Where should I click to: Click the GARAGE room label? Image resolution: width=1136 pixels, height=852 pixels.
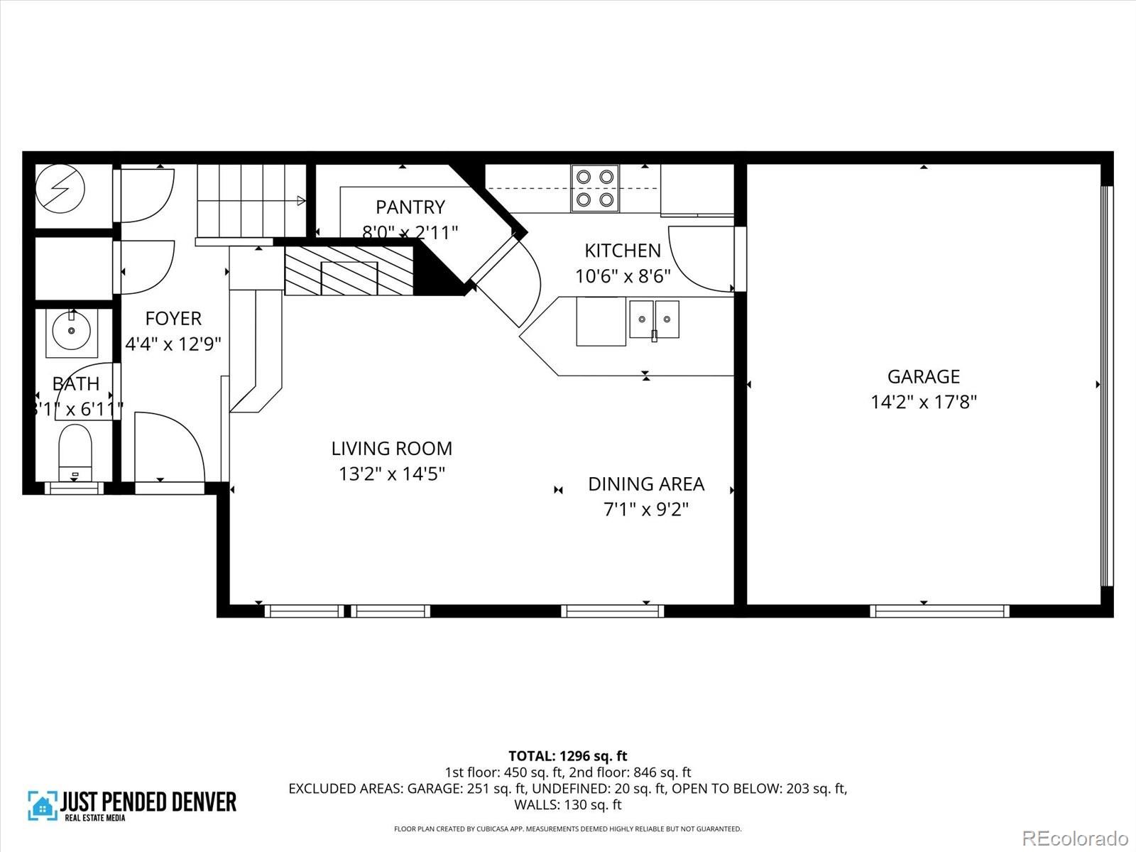pyautogui.click(x=923, y=376)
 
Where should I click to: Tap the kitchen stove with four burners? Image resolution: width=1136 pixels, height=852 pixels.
pyautogui.click(x=595, y=188)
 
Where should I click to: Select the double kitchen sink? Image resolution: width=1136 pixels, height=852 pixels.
pyautogui.click(x=654, y=319)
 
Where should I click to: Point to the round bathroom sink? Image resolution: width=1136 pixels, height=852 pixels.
pyautogui.click(x=71, y=331)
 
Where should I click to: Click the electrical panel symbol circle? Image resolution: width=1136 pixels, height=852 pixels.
pyautogui.click(x=60, y=189)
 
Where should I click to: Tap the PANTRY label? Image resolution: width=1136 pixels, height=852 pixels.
pyautogui.click(x=410, y=207)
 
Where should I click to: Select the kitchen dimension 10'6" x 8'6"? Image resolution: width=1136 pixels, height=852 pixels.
pyautogui.click(x=623, y=276)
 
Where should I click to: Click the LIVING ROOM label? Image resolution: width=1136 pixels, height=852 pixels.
pyautogui.click(x=391, y=448)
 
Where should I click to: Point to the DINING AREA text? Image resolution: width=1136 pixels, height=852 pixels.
pyautogui.click(x=646, y=484)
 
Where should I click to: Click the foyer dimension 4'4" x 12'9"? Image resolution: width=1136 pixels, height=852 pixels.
pyautogui.click(x=173, y=344)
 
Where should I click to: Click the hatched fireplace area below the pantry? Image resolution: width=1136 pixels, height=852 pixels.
pyautogui.click(x=349, y=271)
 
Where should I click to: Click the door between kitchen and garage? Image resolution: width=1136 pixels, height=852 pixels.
pyautogui.click(x=703, y=259)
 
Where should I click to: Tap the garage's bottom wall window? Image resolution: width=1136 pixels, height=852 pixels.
pyautogui.click(x=939, y=611)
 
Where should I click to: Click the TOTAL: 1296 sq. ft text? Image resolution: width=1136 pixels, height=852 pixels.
pyautogui.click(x=567, y=756)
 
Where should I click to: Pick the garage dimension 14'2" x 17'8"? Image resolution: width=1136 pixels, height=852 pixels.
pyautogui.click(x=923, y=403)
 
